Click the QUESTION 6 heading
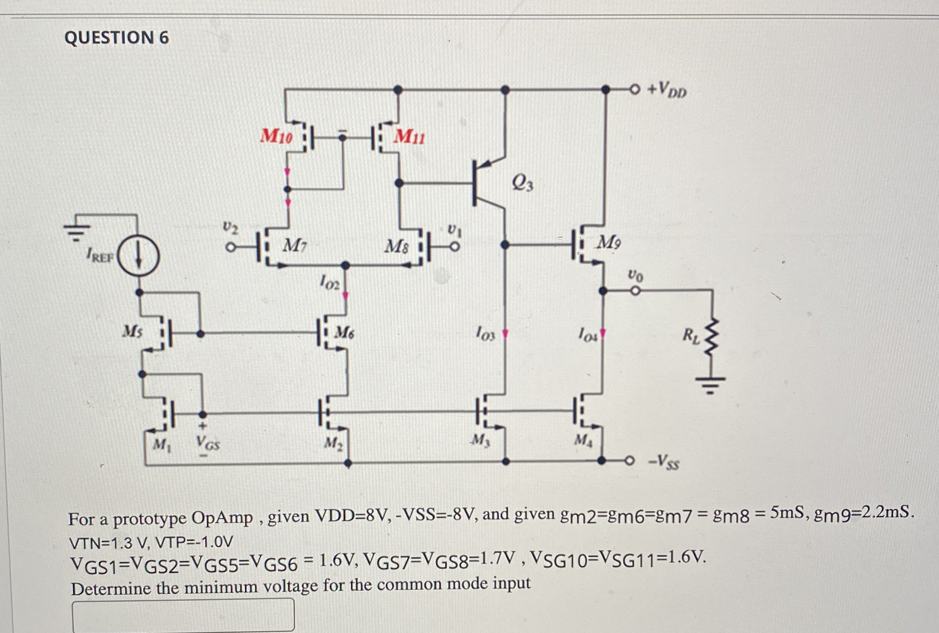click(x=117, y=38)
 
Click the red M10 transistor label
click(x=276, y=136)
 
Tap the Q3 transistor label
click(x=522, y=183)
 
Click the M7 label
click(x=295, y=247)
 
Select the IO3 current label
click(x=485, y=333)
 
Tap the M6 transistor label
click(x=344, y=332)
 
